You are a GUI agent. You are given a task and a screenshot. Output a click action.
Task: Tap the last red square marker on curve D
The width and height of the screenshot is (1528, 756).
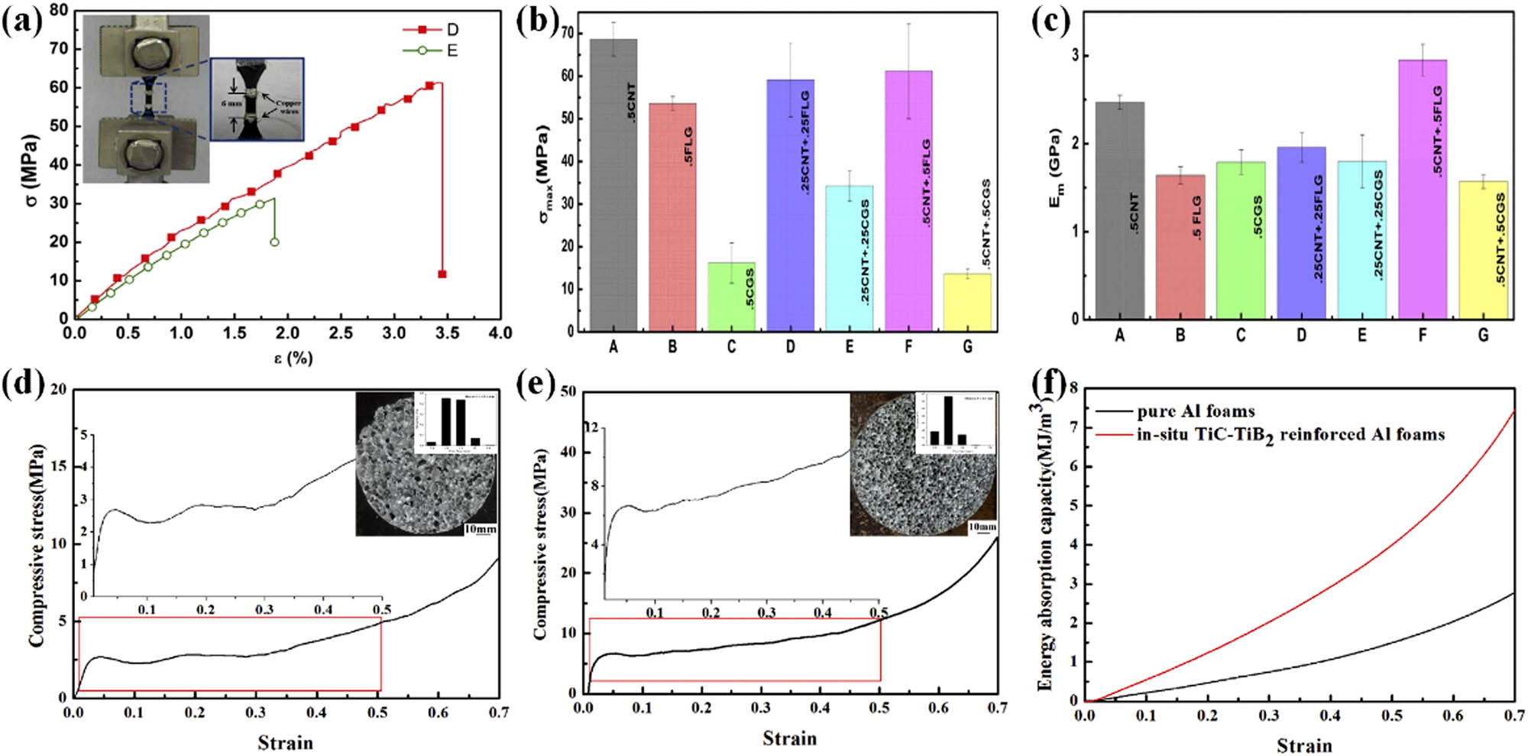tap(442, 274)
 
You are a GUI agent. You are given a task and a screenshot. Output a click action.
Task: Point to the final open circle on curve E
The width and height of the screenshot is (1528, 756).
tap(274, 242)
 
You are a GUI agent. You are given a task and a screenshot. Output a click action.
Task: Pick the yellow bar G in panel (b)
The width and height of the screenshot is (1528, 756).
tap(967, 302)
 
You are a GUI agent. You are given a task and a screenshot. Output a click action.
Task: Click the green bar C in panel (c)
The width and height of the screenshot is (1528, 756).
tap(1240, 240)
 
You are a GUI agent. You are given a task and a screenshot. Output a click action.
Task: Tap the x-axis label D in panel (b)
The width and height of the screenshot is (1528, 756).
tap(790, 347)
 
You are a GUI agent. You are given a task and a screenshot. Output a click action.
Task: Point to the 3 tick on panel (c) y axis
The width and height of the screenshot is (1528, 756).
tap(1075, 56)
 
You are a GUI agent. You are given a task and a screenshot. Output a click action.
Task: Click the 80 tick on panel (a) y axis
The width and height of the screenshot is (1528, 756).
tap(60, 11)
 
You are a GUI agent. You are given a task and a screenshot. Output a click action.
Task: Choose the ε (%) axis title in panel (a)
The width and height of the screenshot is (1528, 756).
tap(293, 357)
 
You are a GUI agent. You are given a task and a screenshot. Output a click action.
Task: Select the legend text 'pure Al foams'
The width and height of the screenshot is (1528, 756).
tap(1196, 411)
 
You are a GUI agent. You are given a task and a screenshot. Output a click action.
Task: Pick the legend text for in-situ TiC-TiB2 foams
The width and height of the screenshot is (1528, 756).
tap(1290, 435)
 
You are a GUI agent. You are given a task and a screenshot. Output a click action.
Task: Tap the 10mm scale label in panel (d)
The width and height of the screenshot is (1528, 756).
tap(480, 529)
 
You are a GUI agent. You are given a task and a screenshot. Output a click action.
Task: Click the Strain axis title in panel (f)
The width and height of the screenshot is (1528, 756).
tap(1303, 745)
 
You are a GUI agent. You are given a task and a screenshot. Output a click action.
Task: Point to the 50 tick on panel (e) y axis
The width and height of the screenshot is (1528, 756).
tap(568, 391)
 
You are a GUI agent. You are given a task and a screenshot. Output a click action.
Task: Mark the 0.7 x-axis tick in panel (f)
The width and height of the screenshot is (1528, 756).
tap(1514, 716)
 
